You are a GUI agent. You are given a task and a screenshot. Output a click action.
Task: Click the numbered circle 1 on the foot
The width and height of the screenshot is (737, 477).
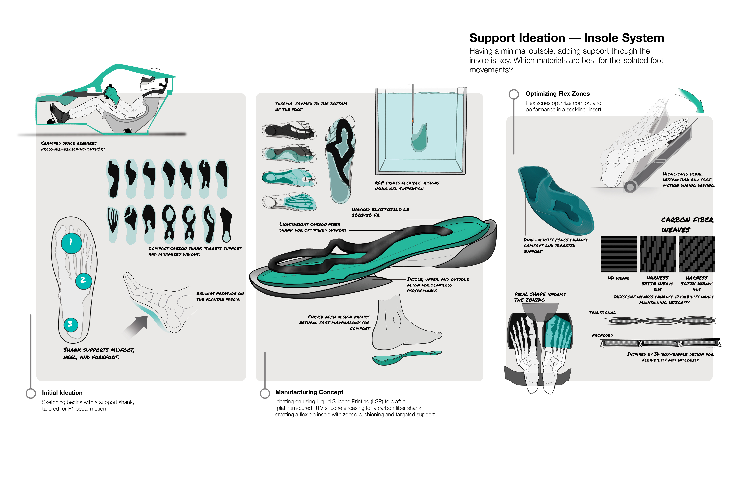(72, 243)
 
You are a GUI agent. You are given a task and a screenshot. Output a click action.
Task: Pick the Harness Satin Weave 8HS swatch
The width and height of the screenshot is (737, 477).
(657, 254)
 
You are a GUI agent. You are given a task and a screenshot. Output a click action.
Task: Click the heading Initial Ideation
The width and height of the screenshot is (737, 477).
(62, 393)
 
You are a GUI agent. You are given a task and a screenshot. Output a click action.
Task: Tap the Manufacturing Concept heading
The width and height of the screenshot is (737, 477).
(309, 392)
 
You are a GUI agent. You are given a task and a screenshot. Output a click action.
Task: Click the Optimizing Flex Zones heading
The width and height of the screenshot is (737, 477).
(557, 94)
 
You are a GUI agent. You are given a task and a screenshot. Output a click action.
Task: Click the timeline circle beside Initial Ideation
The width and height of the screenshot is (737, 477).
(31, 393)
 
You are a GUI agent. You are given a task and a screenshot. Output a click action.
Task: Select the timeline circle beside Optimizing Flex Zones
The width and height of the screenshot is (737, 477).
(514, 94)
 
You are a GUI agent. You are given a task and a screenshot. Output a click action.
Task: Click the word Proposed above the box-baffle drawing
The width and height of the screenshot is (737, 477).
(602, 335)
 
